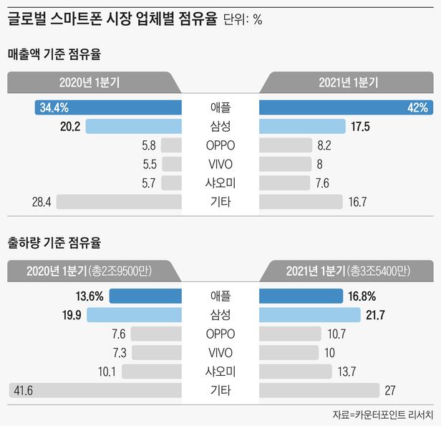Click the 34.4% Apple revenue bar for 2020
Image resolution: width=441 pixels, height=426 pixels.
(x=107, y=108)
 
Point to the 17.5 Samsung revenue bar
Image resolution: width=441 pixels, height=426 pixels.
(x=300, y=127)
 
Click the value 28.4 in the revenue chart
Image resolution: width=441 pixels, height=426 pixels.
(x=41, y=202)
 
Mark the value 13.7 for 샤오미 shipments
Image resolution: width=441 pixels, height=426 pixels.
(x=346, y=371)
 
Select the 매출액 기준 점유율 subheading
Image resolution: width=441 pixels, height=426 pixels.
(x=57, y=54)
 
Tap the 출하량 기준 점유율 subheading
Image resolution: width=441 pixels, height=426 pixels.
(x=57, y=242)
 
